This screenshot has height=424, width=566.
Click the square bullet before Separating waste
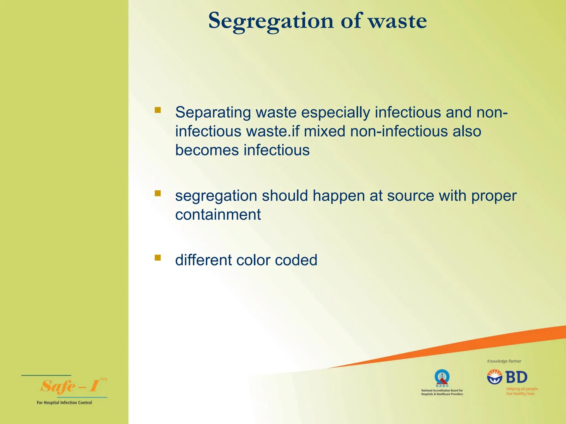pyautogui.click(x=158, y=110)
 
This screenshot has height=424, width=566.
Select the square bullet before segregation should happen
pyautogui.click(x=158, y=193)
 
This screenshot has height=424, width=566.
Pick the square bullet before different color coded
pyautogui.click(x=158, y=258)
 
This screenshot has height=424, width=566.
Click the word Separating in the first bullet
pyautogui.click(x=213, y=113)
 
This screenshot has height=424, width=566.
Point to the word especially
pyautogui.click(x=335, y=113)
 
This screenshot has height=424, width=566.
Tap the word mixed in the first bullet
pyautogui.click(x=324, y=131)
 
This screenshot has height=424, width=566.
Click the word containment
pyautogui.click(x=218, y=215)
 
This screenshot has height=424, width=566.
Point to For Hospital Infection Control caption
pyautogui.click(x=64, y=403)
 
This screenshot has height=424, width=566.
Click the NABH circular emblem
pyautogui.click(x=442, y=377)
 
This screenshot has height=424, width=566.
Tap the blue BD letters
pyautogui.click(x=516, y=377)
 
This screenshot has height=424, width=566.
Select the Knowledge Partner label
pyautogui.click(x=504, y=361)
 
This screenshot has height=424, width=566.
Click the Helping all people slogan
pyautogui.click(x=522, y=391)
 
